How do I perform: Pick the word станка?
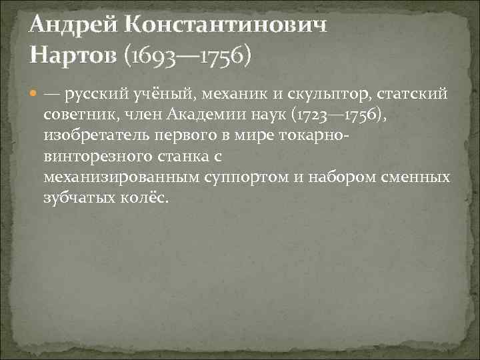tap(180, 157)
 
